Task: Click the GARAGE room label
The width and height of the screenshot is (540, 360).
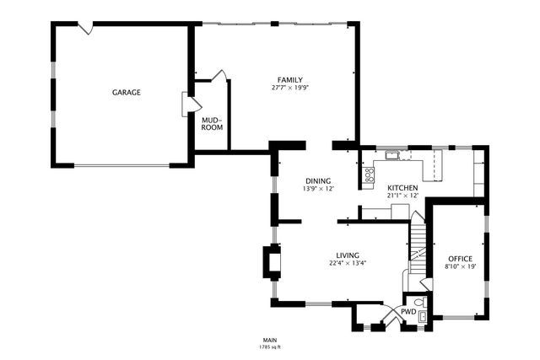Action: pos(127,92)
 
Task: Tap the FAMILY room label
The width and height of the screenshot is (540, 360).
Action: pos(290,80)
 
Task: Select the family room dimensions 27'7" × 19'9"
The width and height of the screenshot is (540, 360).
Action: pos(290,88)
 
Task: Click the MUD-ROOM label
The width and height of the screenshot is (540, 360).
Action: pos(212,124)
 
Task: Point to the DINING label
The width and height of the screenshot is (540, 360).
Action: pos(318,181)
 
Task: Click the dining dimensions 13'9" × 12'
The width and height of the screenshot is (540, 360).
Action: pos(319,189)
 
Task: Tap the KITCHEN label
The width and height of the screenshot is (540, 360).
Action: pos(402,188)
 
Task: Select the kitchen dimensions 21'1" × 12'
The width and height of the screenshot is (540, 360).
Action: pos(402,196)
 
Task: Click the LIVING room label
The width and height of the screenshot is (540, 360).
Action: pos(348,255)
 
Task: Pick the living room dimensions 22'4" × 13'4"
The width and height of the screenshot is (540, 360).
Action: pos(348,263)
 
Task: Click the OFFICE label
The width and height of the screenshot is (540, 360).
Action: pos(460,259)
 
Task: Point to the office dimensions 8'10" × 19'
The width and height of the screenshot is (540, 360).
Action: pos(461,266)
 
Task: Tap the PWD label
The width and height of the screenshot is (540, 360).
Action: pos(408,312)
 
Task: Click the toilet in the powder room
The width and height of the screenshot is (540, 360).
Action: pos(421,303)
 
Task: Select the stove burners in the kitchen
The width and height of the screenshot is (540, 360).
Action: pos(370,175)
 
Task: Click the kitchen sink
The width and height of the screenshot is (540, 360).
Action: pos(391,155)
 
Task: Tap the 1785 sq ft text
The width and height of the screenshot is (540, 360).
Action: pos(270,347)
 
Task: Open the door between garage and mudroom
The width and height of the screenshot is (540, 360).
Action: pos(192,105)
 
